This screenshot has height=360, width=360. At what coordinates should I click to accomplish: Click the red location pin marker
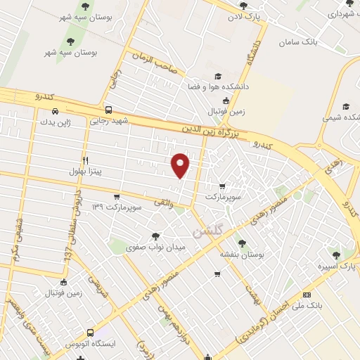click(181, 165)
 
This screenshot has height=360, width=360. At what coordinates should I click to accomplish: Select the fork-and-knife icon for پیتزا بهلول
click(85, 160)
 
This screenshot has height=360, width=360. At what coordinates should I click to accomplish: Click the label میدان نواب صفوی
click(154, 247)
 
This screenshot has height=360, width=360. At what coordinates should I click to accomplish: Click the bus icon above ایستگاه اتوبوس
click(91, 333)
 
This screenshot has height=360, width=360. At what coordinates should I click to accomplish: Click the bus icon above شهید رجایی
click(108, 110)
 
